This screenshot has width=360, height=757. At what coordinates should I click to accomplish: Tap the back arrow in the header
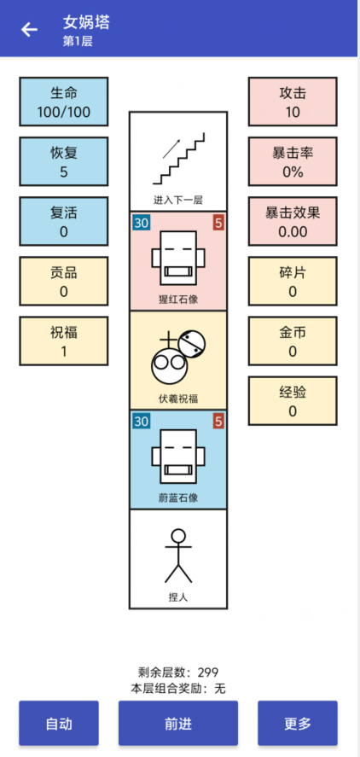[x=30, y=30]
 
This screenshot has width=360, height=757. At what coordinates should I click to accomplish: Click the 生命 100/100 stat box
[x=64, y=102]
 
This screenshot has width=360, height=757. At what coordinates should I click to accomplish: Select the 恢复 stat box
[x=64, y=162]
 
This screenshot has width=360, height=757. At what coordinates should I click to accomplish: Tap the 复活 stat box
[x=64, y=222]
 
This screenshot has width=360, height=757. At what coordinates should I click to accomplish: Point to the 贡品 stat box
[x=64, y=282]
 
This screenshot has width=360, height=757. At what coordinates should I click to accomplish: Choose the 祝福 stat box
[x=64, y=341]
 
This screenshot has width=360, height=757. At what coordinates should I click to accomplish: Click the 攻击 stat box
[x=293, y=102]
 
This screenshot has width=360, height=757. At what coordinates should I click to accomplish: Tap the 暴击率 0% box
[x=293, y=162]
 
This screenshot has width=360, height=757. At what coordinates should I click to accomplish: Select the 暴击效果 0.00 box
[x=293, y=222]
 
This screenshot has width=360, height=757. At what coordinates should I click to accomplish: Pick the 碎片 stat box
[x=293, y=282]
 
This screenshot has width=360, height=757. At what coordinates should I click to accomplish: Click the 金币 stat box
[x=293, y=341]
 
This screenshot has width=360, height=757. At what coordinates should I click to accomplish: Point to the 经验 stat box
[x=293, y=401]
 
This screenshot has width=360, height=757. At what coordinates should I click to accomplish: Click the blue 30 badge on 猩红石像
[x=142, y=223]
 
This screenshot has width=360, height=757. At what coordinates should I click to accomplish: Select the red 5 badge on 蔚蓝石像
[x=218, y=422]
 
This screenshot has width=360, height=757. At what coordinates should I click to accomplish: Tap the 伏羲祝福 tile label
[x=178, y=399]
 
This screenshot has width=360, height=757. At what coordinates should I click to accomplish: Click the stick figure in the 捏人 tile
[x=178, y=556]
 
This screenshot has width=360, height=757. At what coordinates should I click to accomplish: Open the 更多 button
[x=297, y=723]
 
